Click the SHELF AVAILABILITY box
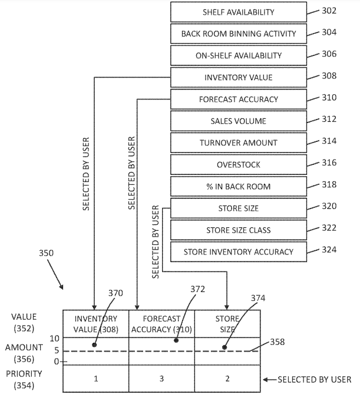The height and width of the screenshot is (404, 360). pyautogui.click(x=238, y=12)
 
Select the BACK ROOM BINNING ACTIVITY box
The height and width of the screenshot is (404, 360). pyautogui.click(x=238, y=34)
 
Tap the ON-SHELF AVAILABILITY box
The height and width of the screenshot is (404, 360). pyautogui.click(x=238, y=55)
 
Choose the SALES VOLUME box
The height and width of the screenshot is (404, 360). pyautogui.click(x=238, y=121)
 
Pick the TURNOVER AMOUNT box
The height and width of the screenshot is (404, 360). pyautogui.click(x=238, y=143)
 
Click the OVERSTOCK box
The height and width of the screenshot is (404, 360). pyautogui.click(x=238, y=164)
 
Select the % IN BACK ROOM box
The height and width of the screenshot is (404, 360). pyautogui.click(x=238, y=186)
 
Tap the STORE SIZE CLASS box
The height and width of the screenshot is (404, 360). pyautogui.click(x=238, y=230)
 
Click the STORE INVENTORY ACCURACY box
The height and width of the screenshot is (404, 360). pyautogui.click(x=238, y=251)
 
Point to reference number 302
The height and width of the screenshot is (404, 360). pyautogui.click(x=329, y=11)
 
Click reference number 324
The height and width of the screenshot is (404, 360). pyautogui.click(x=329, y=250)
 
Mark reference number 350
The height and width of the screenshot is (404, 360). pyautogui.click(x=47, y=253)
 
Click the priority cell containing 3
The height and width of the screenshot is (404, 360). pyautogui.click(x=161, y=379)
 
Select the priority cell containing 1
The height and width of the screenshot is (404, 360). pyautogui.click(x=95, y=379)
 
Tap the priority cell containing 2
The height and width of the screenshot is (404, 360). pyautogui.click(x=227, y=379)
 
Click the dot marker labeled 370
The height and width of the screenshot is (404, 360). pyautogui.click(x=94, y=345)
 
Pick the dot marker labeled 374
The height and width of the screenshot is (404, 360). pyautogui.click(x=225, y=347)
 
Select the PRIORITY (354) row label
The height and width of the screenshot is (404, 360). pyautogui.click(x=24, y=379)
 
